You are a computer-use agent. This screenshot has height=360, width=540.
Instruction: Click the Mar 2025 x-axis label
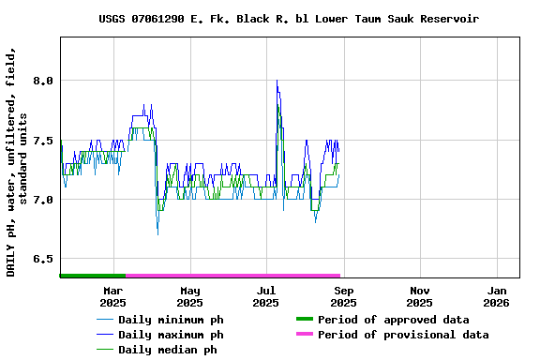point(112,296)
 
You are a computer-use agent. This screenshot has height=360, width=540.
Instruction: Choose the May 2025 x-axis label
point(189,296)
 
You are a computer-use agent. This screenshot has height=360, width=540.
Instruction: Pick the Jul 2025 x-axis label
point(266,296)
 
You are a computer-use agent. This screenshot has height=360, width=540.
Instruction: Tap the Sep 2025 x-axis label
point(343,296)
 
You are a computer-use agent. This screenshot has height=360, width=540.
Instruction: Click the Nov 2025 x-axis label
point(420,296)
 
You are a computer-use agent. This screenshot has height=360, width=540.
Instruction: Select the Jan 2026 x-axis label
point(497,296)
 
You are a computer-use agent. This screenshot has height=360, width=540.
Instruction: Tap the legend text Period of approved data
point(393,320)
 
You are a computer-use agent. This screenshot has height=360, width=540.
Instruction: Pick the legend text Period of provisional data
point(402,335)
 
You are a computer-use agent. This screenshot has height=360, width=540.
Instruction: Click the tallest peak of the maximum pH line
point(277,82)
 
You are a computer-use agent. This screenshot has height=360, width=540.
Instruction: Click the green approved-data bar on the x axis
point(92,276)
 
